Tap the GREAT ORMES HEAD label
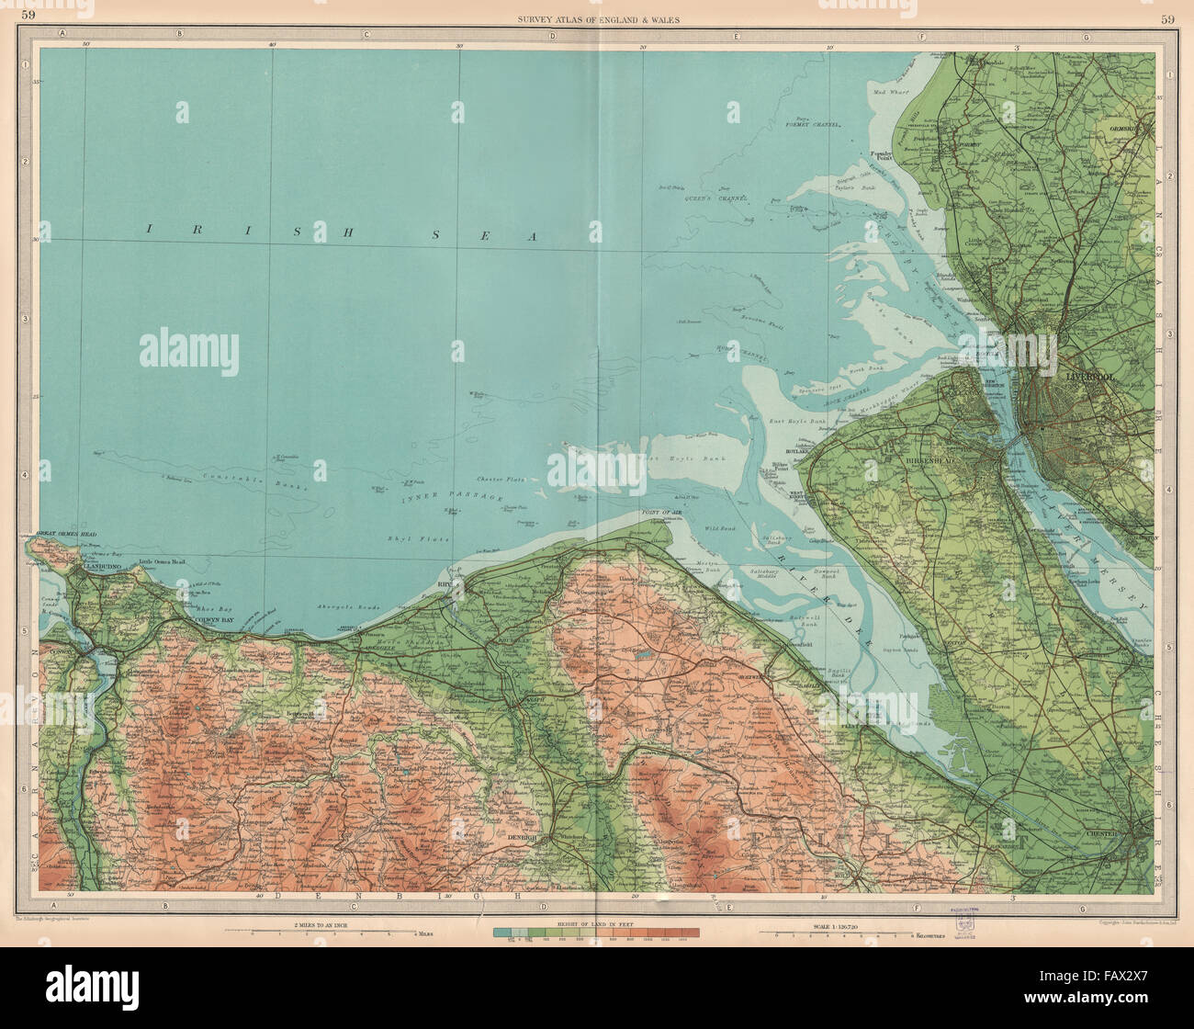tap(61, 533)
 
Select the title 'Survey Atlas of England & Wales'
tap(596, 19)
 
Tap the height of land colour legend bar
tap(596, 933)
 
